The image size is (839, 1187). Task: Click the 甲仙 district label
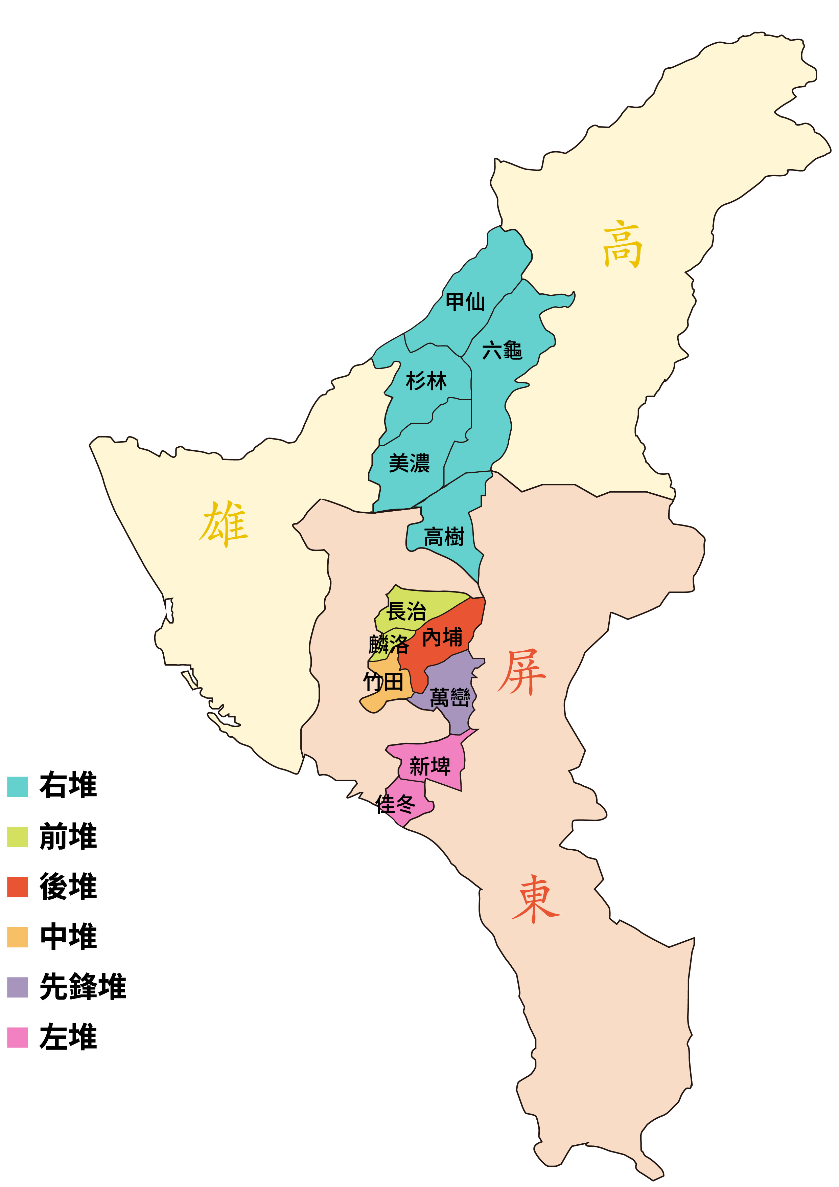point(465,302)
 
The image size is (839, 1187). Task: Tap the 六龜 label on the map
point(502,350)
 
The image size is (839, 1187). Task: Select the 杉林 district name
point(426,381)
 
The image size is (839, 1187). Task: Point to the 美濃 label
point(409,463)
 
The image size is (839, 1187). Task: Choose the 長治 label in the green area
point(406,611)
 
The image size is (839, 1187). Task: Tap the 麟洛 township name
point(389,645)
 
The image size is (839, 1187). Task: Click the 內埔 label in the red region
point(442,637)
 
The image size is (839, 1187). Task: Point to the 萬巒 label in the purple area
point(450,697)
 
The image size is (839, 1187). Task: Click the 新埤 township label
point(430,766)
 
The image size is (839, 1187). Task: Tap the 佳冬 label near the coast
point(395,804)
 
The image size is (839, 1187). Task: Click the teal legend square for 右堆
point(18,786)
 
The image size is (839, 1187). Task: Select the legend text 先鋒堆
point(83,987)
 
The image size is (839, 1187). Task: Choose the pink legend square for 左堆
point(18,1037)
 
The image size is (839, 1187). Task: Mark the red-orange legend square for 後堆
point(18,887)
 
